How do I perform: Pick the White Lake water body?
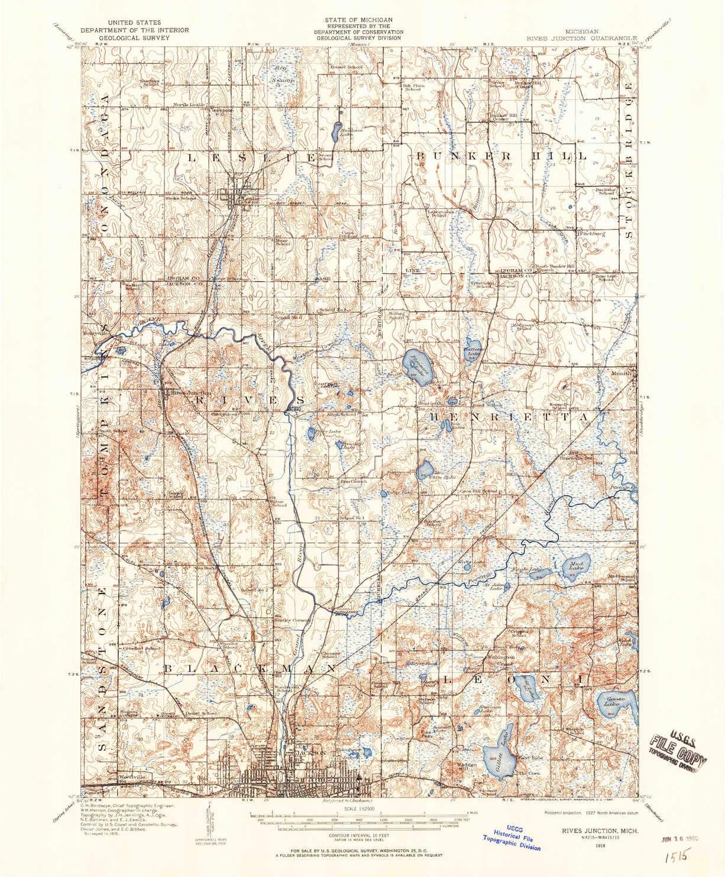click(425, 470)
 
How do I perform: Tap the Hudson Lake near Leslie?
click(335, 128)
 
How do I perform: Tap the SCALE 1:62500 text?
click(361, 808)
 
